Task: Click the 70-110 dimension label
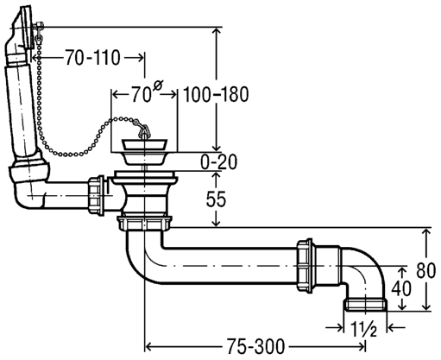pyautogui.click(x=92, y=58)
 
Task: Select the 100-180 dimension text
pyautogui.click(x=216, y=95)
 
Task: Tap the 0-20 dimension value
pyautogui.click(x=219, y=162)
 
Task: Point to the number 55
pyautogui.click(x=216, y=199)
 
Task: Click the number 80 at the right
pyautogui.click(x=426, y=271)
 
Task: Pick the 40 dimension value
pyautogui.click(x=401, y=288)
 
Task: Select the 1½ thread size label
pyautogui.click(x=363, y=328)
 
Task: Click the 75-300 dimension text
pyautogui.click(x=255, y=346)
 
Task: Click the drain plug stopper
pyautogui.click(x=144, y=152)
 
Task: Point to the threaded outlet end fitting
pyautogui.click(x=366, y=305)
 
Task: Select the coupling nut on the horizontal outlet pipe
pyautogui.click(x=305, y=266)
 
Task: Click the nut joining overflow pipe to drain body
pyautogui.click(x=97, y=196)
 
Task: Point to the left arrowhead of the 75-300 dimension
pyautogui.click(x=148, y=346)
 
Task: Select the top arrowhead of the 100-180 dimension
pyautogui.click(x=217, y=31)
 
